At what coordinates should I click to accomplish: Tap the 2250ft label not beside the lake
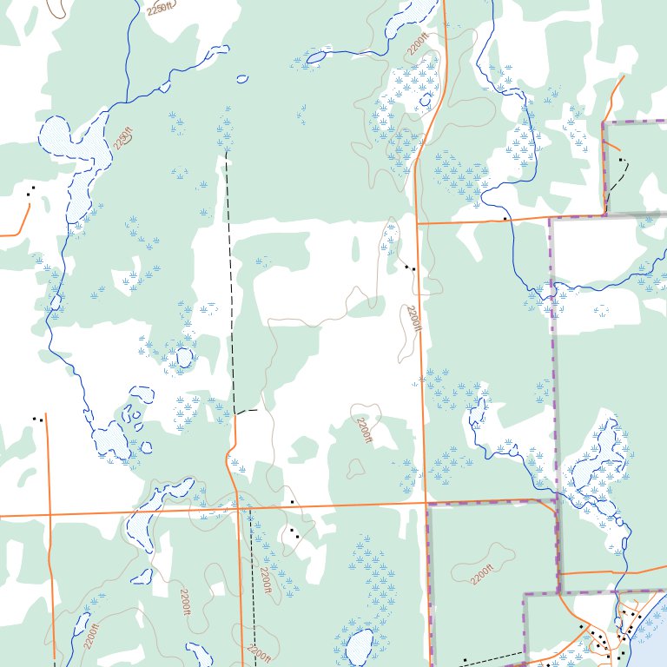click(160, 10)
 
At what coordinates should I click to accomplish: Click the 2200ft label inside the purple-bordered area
click(481, 575)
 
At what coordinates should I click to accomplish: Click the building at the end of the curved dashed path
click(621, 161)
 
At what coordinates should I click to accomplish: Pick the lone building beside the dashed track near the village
click(465, 662)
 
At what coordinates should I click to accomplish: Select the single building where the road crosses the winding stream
click(505, 219)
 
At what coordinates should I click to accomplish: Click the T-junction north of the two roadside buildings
click(418, 223)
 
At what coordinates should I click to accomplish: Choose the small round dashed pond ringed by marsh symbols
click(183, 357)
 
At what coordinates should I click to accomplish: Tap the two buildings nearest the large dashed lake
click(31, 190)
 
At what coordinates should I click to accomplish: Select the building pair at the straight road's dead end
click(37, 419)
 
